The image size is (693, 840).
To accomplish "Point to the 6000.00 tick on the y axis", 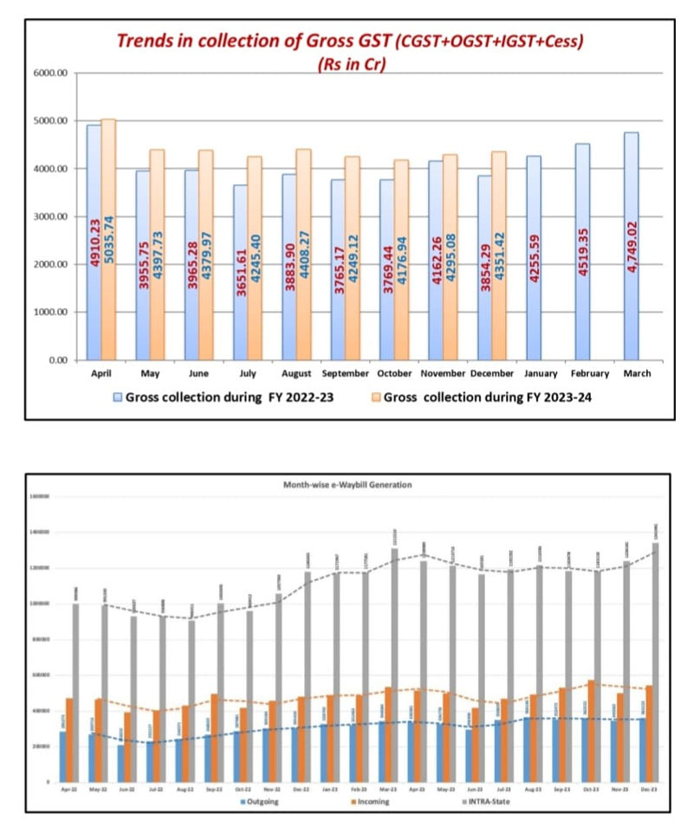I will [50, 74].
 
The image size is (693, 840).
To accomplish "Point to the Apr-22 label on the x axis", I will [67, 790].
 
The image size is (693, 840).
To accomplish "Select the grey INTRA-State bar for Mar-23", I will [394, 667].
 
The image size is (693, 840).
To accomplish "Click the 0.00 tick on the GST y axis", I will [56, 359].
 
